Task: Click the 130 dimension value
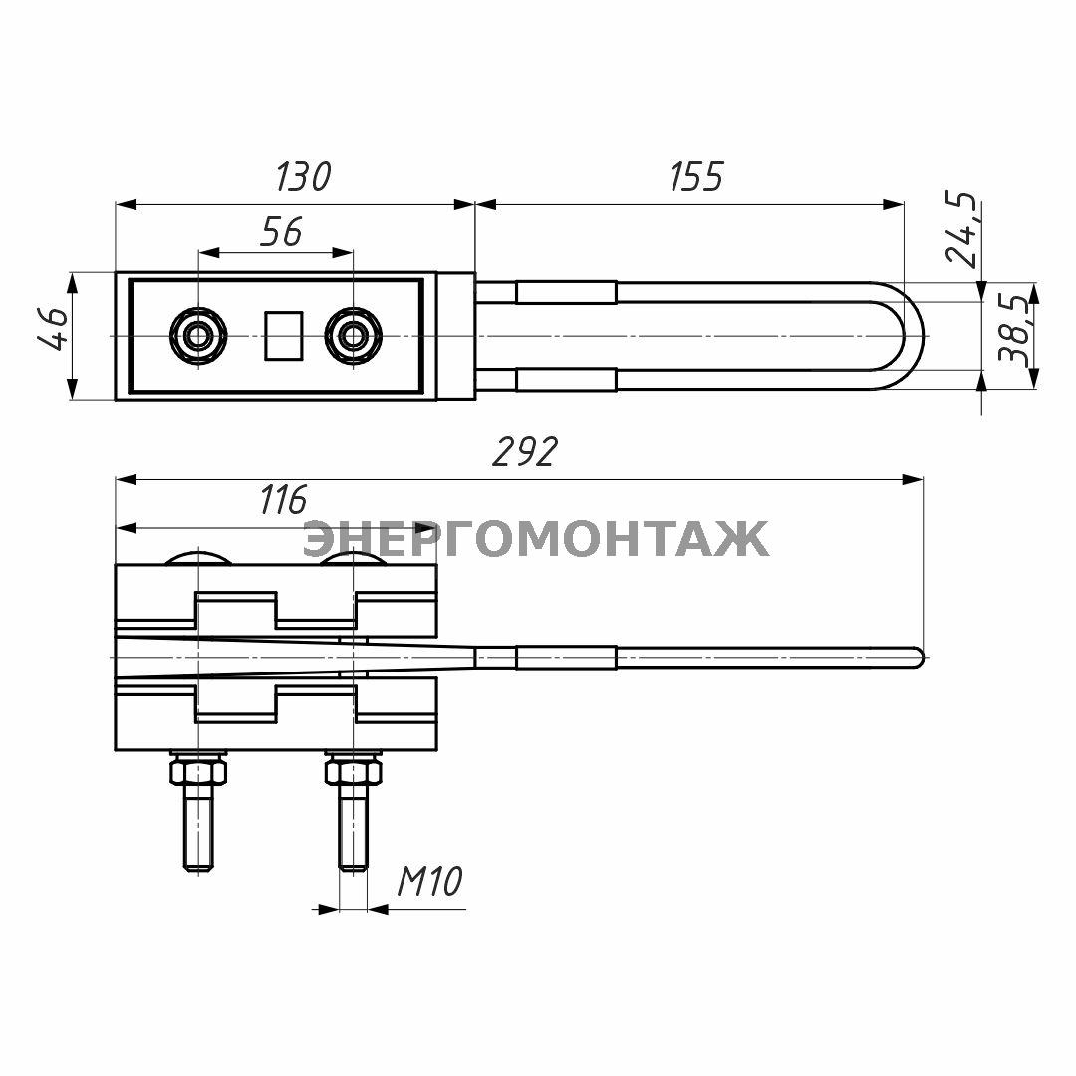point(303,177)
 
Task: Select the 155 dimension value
point(695,177)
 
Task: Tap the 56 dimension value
point(281,232)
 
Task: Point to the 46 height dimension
point(54,329)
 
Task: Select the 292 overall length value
point(526,452)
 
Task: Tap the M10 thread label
point(430,881)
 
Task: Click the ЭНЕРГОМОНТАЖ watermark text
point(536,539)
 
